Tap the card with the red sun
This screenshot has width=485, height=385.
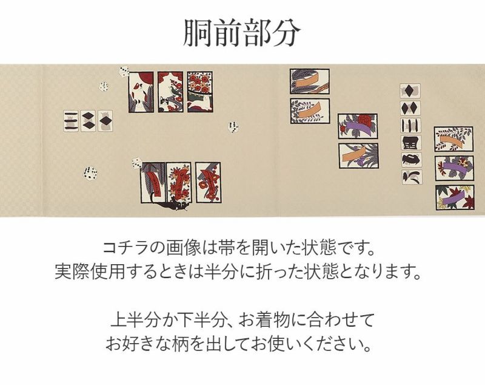(x=141, y=92)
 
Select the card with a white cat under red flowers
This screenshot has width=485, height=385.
(x=200, y=91)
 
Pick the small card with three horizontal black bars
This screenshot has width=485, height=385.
(x=71, y=121)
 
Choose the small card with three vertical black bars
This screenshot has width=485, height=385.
(x=410, y=125)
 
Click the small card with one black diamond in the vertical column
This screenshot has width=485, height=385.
(x=410, y=90)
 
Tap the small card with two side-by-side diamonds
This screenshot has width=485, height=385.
(x=410, y=108)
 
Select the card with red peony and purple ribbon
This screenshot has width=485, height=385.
(x=358, y=126)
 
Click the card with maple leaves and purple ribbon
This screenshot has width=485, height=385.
(x=455, y=197)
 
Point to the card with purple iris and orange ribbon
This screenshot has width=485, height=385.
(x=359, y=155)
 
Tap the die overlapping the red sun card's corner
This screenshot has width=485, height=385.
(x=124, y=71)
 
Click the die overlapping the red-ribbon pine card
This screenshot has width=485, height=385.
(x=136, y=163)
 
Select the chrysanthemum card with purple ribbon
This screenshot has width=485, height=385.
(x=454, y=168)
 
